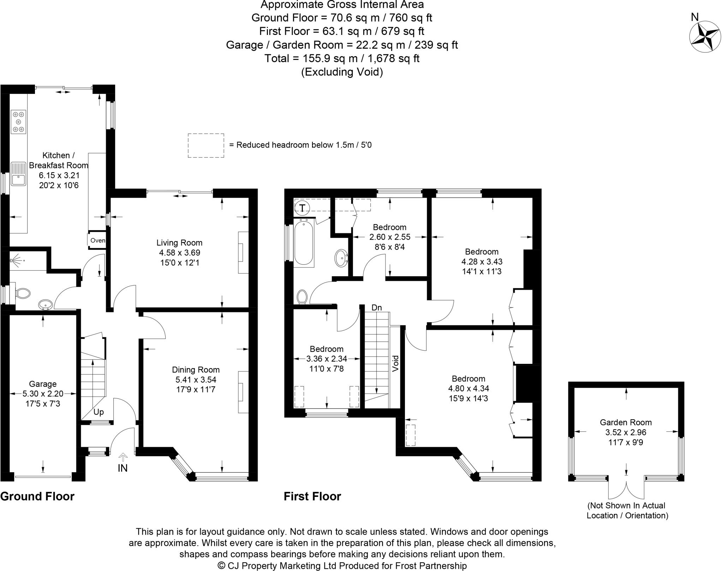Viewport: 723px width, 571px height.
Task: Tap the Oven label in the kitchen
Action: (x=97, y=241)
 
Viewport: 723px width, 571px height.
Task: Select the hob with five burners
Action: (x=19, y=122)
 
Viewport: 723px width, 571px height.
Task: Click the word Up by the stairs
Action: (x=98, y=412)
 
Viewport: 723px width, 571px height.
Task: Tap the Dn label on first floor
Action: (x=376, y=308)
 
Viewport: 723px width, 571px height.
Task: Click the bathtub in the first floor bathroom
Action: (x=304, y=242)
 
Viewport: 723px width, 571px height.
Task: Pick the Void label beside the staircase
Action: (x=395, y=363)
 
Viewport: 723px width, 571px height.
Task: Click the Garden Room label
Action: (x=626, y=422)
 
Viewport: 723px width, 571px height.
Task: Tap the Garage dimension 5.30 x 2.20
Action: (x=42, y=394)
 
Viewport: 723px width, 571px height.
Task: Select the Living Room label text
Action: (x=179, y=243)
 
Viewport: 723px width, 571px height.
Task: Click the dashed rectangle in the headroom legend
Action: (x=206, y=145)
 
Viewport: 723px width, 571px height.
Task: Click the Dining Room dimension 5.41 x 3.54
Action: (x=196, y=380)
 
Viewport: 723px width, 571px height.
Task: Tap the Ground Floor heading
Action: (x=37, y=497)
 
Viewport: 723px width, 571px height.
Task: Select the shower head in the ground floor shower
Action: (x=14, y=261)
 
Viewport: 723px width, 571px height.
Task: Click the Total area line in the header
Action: (x=341, y=58)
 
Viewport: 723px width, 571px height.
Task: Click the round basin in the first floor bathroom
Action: (x=341, y=258)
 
